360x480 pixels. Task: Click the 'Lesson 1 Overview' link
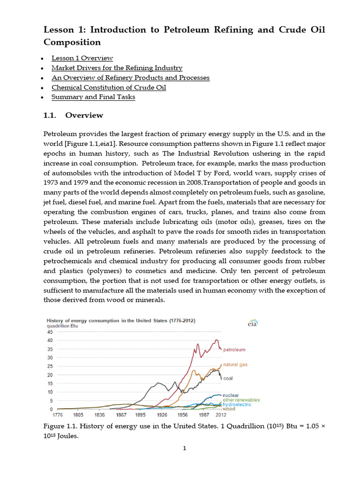[82, 58]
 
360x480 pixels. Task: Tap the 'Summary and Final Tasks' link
[93, 97]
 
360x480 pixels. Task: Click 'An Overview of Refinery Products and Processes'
[130, 78]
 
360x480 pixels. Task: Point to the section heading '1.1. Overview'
[73, 115]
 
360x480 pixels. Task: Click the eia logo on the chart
[252, 323]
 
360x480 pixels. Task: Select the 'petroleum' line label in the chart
[234, 350]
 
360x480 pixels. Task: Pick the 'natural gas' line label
[235, 364]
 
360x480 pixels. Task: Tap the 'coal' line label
[228, 378]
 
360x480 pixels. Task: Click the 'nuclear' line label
[231, 395]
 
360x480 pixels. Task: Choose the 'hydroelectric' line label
[237, 404]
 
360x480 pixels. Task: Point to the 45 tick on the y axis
[48, 332]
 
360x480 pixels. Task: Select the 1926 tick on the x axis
[162, 415]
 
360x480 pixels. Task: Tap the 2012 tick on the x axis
[220, 415]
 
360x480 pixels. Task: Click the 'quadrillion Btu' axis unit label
[62, 326]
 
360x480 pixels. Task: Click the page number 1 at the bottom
[185, 449]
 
